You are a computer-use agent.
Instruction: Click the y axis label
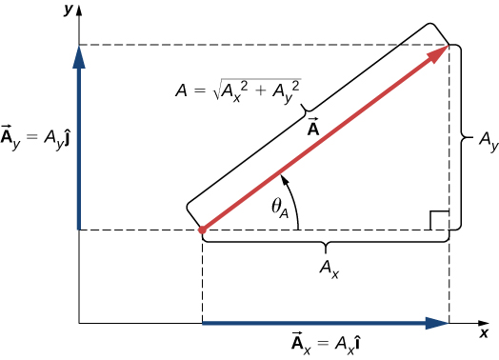tap(67, 9)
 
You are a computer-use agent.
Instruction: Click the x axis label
tap(484, 333)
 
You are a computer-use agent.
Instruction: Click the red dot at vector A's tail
tap(202, 230)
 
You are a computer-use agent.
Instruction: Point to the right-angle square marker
tap(438, 221)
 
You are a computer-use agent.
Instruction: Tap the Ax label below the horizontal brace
tap(329, 270)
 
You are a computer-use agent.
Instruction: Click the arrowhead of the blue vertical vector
tap(80, 55)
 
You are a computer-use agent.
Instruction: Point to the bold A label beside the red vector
tap(311, 128)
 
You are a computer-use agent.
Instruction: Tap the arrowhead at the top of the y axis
tap(80, 11)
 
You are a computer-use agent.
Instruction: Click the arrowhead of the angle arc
tap(284, 179)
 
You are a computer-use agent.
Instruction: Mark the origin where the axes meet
tap(80, 324)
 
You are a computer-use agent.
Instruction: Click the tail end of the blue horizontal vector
tap(203, 324)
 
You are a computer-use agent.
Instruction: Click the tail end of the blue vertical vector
tap(80, 229)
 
